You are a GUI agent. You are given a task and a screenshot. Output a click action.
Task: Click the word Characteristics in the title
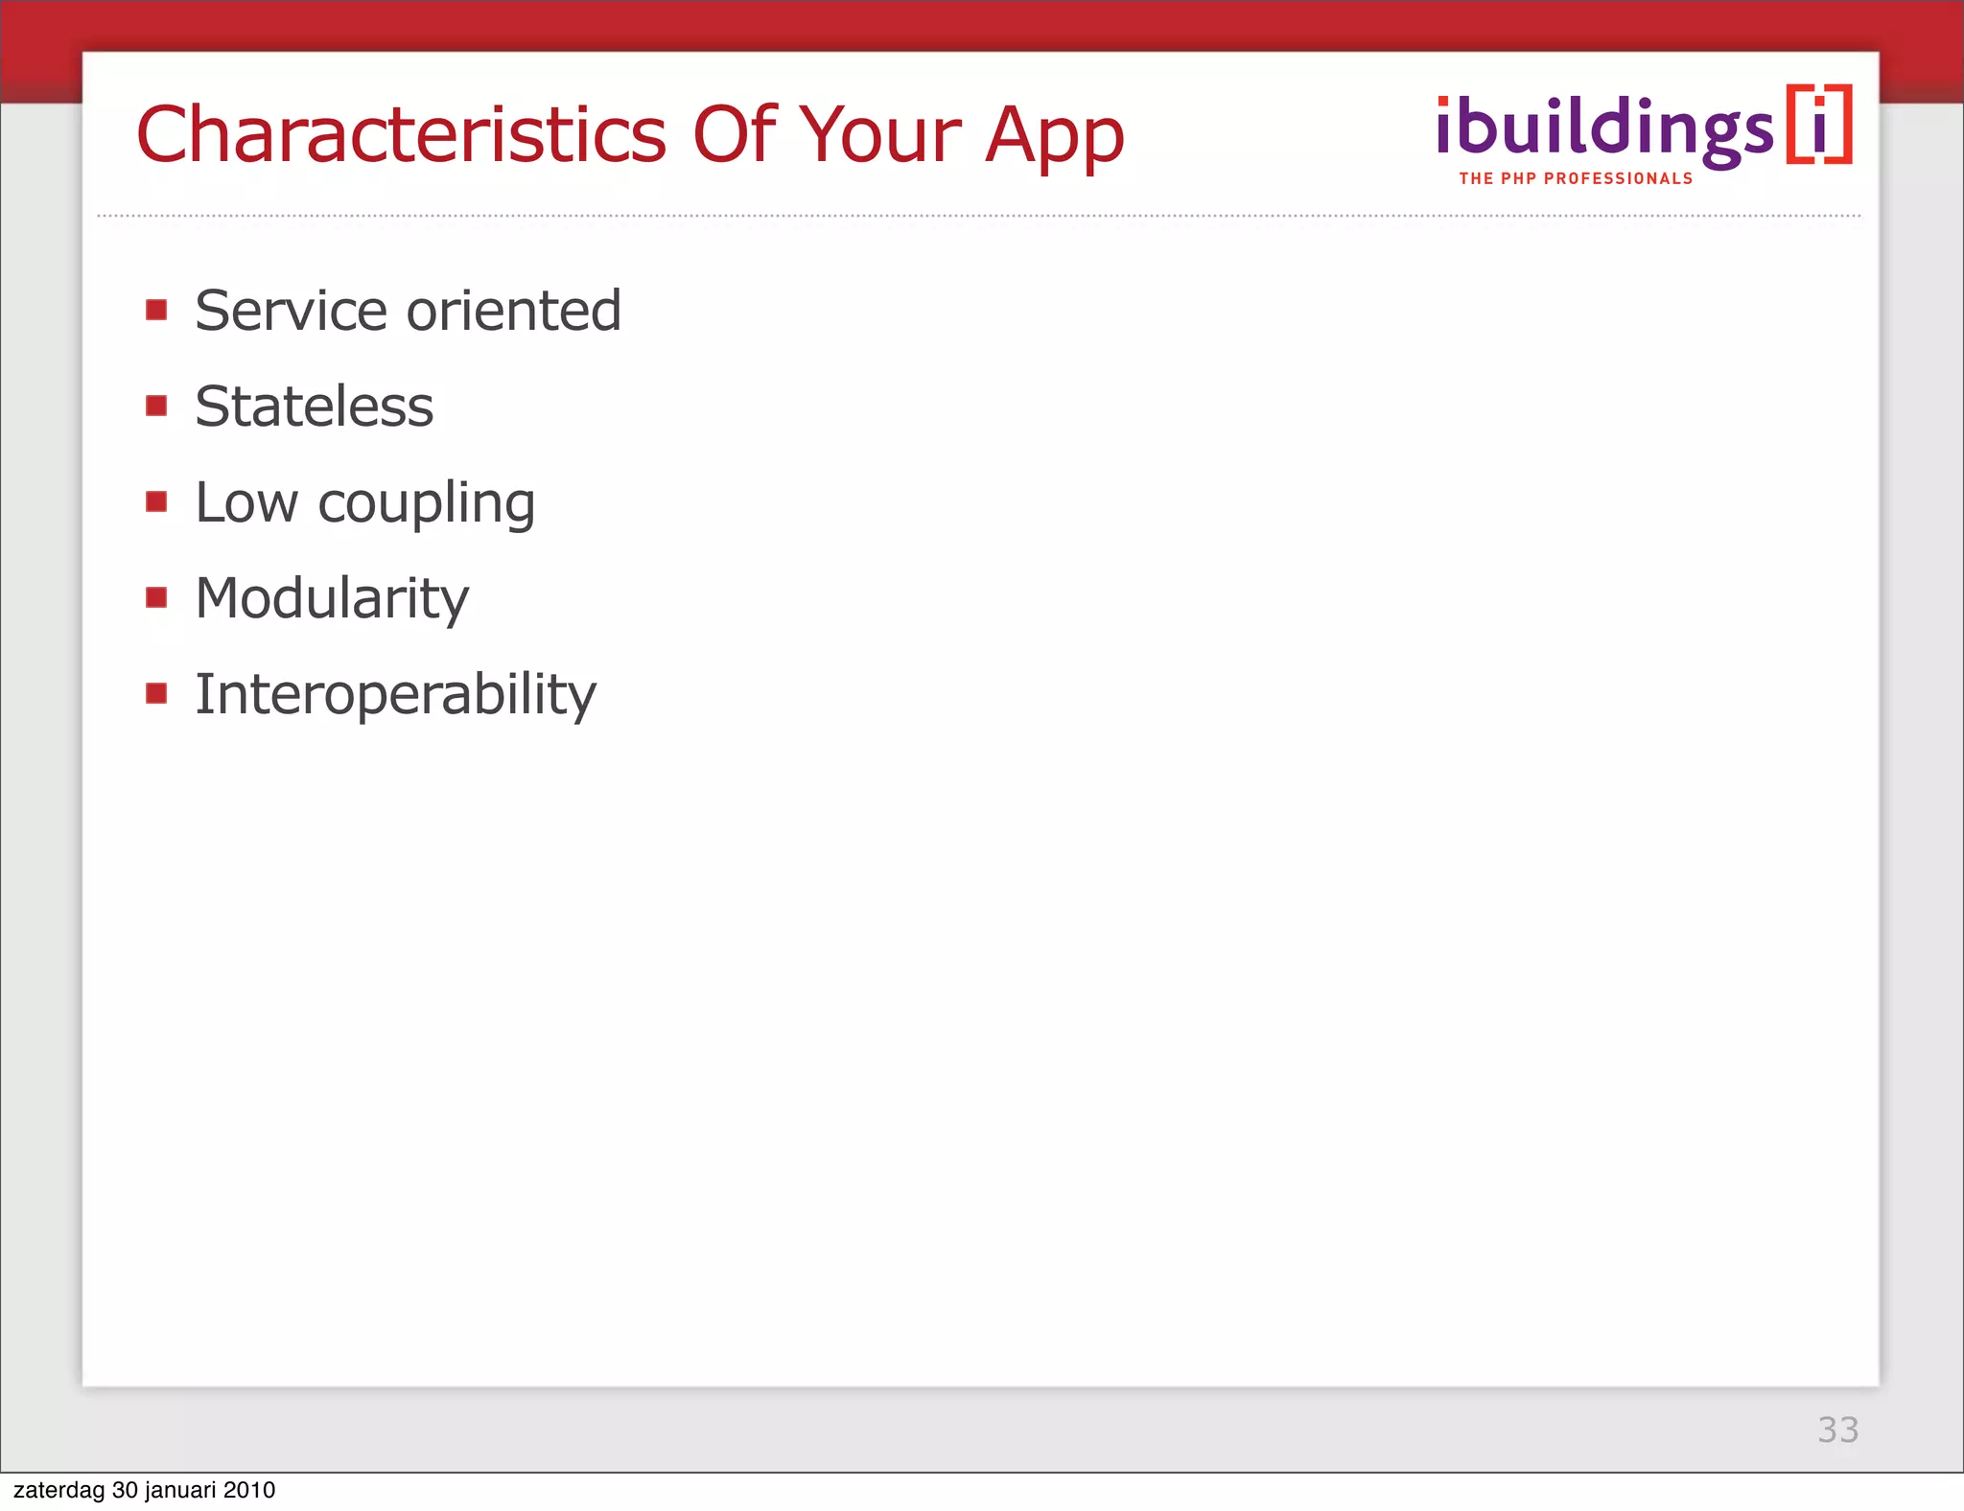pyautogui.click(x=401, y=134)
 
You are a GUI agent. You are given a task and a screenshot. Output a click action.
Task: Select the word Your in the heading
pyautogui.click(x=880, y=134)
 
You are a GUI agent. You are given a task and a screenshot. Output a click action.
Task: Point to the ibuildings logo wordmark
pyautogui.click(x=1604, y=128)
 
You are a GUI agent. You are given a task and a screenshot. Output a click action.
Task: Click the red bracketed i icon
pyautogui.click(x=1819, y=126)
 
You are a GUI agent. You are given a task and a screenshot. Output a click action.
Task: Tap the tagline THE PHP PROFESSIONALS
pyautogui.click(x=1576, y=179)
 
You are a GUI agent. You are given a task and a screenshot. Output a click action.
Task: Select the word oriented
pyautogui.click(x=514, y=311)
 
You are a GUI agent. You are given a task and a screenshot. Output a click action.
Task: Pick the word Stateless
pyautogui.click(x=314, y=407)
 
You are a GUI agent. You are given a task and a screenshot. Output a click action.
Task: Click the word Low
pyautogui.click(x=246, y=502)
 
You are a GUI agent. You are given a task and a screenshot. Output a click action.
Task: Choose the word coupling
pyautogui.click(x=426, y=504)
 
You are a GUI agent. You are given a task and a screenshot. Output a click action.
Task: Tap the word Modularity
pyautogui.click(x=332, y=599)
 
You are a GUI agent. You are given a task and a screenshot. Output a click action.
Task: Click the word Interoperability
pyautogui.click(x=395, y=695)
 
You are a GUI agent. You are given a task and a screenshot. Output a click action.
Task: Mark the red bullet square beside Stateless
pyautogui.click(x=156, y=406)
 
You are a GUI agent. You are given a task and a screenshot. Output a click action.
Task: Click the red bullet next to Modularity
pyautogui.click(x=156, y=597)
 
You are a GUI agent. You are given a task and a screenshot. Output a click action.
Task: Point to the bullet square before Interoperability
pyautogui.click(x=156, y=693)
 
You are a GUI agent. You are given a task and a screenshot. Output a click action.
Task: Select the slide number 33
pyautogui.click(x=1837, y=1430)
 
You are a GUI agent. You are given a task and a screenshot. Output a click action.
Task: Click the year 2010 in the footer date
pyautogui.click(x=249, y=1490)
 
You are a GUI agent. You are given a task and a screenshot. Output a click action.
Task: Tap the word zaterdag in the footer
pyautogui.click(x=59, y=1490)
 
